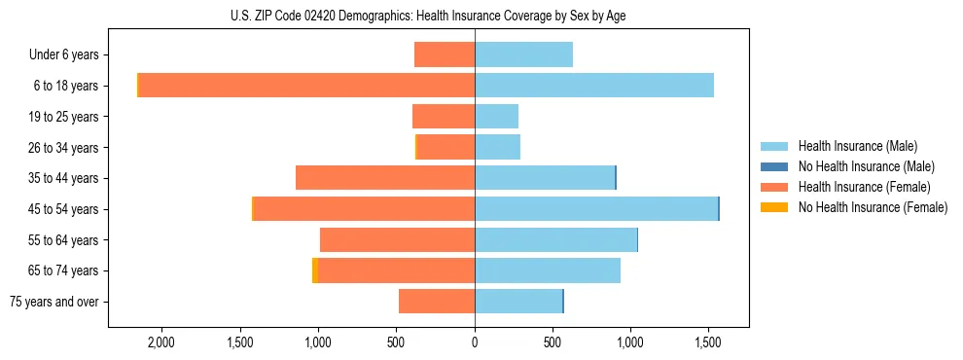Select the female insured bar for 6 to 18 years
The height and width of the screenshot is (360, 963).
point(306,86)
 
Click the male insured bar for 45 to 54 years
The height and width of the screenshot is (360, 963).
point(596,209)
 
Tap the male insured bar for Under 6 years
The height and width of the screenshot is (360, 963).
point(523,54)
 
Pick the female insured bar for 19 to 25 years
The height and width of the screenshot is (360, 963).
point(444,117)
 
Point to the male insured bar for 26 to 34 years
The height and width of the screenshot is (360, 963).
point(497,148)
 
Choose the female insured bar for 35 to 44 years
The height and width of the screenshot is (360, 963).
point(385,178)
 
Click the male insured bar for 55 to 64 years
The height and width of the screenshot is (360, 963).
point(555,240)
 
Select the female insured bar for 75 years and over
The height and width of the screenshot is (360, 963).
point(437,302)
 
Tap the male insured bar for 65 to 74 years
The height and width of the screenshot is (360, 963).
point(548,270)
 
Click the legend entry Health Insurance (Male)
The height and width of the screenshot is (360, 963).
point(857,146)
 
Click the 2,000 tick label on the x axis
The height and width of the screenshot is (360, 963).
point(160,342)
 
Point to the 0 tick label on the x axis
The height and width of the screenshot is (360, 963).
point(475,342)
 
